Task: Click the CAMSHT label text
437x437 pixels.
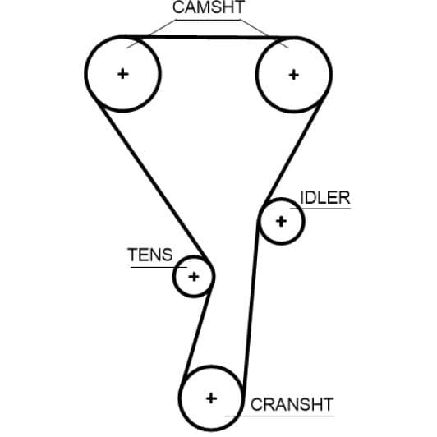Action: point(209,7)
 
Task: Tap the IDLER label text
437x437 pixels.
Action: point(325,198)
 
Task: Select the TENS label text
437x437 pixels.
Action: point(150,255)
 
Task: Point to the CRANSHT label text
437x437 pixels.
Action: point(292,404)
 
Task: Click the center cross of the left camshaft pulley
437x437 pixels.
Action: point(123,74)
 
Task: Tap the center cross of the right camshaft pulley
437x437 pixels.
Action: point(294,75)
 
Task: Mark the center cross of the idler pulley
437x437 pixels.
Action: point(281,222)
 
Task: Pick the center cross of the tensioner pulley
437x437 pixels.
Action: point(194,277)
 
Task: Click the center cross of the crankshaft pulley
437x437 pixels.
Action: point(211,398)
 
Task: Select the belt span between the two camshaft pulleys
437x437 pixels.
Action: point(209,37)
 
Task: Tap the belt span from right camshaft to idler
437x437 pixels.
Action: point(293,151)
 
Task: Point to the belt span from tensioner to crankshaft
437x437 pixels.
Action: point(196,332)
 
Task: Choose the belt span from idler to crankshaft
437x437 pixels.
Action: point(251,305)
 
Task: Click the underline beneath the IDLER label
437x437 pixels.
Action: point(320,209)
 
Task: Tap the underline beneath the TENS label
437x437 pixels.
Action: point(159,267)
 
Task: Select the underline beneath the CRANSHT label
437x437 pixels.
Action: point(279,416)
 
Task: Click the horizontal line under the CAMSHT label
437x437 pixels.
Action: point(208,20)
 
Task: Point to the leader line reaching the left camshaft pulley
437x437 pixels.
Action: point(151,34)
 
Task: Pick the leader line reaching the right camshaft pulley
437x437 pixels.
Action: point(264,34)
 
